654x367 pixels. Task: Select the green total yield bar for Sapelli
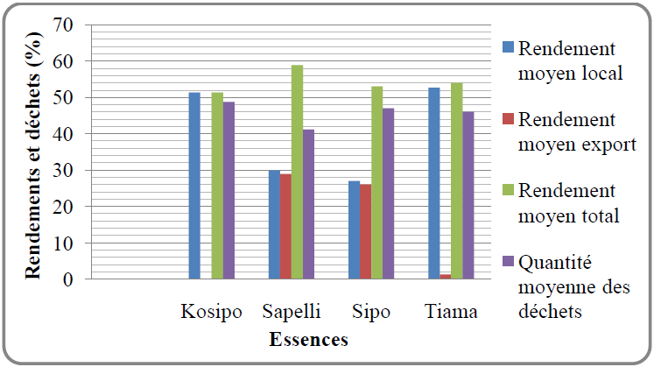[297, 172]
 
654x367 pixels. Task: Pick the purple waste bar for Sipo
[388, 194]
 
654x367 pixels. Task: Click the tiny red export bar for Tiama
[446, 277]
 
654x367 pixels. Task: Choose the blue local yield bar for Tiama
[434, 183]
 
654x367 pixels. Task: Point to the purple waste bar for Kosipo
[229, 190]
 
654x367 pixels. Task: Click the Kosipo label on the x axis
[211, 312]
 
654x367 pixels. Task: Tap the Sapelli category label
[292, 312]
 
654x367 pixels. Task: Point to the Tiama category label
[451, 312]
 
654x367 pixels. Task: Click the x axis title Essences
[309, 339]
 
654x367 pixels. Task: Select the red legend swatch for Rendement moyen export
[507, 117]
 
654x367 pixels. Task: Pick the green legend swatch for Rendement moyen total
[507, 189]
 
